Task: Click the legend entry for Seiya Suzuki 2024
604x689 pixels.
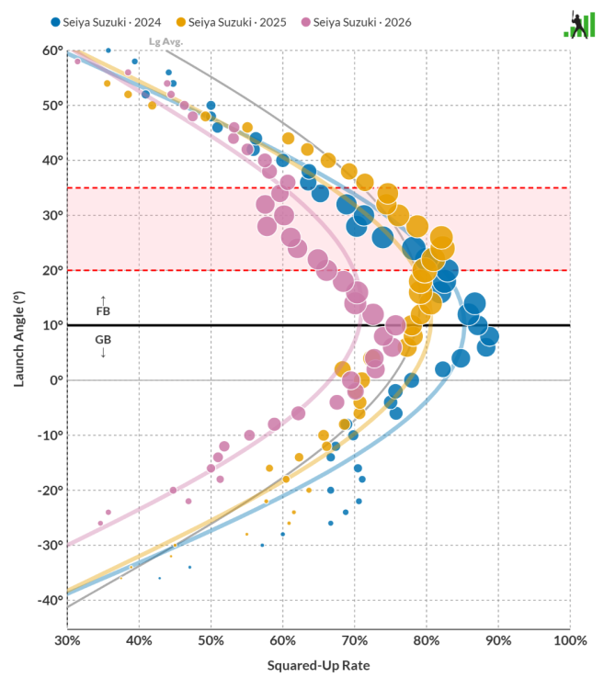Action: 106,22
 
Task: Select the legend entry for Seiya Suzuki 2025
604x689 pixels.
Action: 232,22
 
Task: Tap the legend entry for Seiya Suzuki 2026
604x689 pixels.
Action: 356,22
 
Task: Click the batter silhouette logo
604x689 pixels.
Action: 579,25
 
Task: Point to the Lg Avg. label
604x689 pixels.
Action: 165,41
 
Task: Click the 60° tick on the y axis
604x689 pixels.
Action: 52,51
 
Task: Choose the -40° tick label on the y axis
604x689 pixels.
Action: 51,600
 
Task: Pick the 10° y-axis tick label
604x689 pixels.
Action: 52,325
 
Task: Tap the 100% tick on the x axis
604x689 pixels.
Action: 570,640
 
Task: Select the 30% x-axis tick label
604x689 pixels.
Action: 67,640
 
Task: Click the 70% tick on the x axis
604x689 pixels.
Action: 355,640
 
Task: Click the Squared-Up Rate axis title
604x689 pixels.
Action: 319,666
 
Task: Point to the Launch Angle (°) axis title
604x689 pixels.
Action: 19,339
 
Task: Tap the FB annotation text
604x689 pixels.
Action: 103,311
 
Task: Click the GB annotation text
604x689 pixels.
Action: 103,340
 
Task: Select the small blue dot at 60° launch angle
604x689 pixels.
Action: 108,51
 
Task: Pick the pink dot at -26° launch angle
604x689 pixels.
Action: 100,524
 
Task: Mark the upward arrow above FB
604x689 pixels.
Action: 103,300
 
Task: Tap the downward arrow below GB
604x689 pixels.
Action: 103,353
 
